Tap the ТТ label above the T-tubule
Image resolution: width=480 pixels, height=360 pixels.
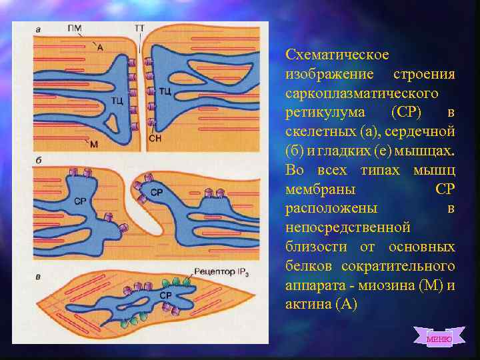pyautogui.click(x=140, y=28)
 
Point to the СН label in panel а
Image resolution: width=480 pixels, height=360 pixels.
pyautogui.click(x=155, y=138)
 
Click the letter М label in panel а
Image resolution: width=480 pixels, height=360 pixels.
pyautogui.click(x=93, y=145)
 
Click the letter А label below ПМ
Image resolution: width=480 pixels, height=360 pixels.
pyautogui.click(x=100, y=47)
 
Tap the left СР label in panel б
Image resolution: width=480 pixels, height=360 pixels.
pyautogui.click(x=80, y=199)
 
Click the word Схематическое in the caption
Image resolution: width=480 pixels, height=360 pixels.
pyautogui.click(x=337, y=53)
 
